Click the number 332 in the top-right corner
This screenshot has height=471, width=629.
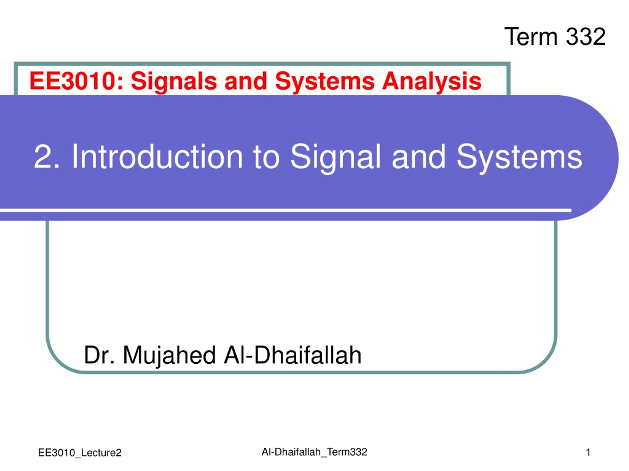coord(586,37)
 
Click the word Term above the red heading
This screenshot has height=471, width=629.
coord(530,37)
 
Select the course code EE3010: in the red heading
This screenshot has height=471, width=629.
coord(76,81)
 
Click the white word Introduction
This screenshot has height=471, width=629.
coord(157,157)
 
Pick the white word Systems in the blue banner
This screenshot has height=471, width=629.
coord(519,158)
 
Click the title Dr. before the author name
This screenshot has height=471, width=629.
coord(99,355)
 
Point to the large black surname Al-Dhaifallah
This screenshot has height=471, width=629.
coord(293,355)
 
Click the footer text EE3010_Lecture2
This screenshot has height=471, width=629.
coord(80,453)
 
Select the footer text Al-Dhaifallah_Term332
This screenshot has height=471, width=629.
coord(314,452)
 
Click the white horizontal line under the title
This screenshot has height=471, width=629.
coord(286,210)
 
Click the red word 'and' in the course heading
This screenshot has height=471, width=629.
coord(246,81)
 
